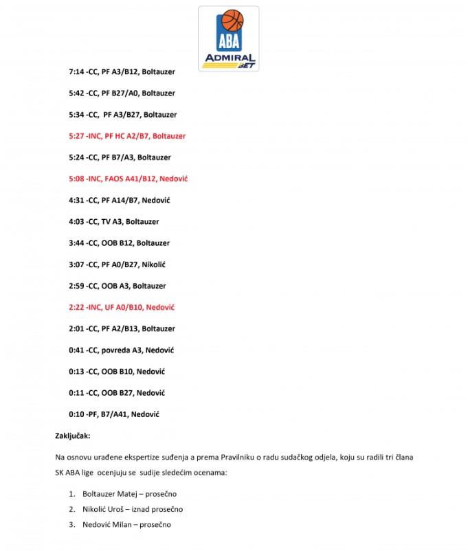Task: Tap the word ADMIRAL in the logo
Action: [x=228, y=58]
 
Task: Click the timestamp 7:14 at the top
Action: [x=76, y=71]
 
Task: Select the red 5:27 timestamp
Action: [x=76, y=136]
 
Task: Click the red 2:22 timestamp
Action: [x=76, y=307]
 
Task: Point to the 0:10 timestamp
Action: [x=76, y=414]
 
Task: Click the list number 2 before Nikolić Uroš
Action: [x=72, y=509]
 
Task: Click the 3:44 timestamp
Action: [x=76, y=243]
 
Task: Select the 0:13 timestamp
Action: [x=76, y=372]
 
